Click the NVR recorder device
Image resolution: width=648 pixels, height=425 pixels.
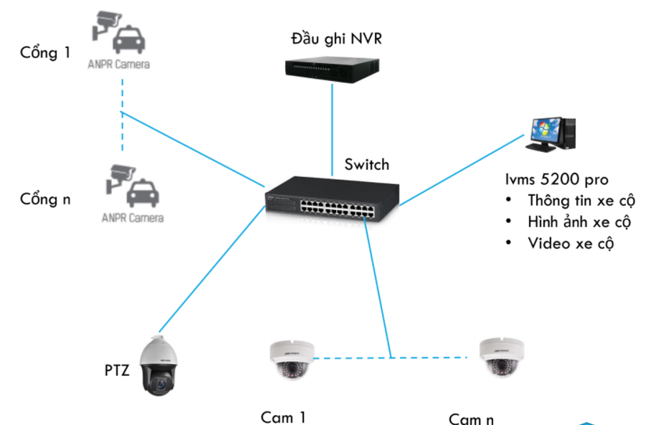(332, 68)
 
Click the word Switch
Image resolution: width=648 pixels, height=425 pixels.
(366, 165)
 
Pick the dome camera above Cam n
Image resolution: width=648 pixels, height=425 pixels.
(501, 356)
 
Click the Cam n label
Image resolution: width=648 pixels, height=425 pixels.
(471, 418)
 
